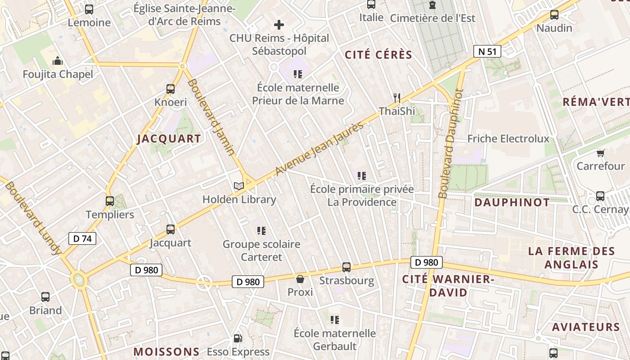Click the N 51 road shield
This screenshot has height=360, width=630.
487,51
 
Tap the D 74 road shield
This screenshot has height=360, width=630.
82,238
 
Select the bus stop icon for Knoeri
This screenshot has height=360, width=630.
171,89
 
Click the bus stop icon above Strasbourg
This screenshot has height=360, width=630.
346,267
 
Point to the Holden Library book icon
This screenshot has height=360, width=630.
238,186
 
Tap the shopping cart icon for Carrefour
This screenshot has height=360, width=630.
600,153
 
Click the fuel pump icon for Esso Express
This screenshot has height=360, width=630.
238,338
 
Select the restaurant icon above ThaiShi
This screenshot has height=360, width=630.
396,97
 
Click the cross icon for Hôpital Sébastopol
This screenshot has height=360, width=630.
279,25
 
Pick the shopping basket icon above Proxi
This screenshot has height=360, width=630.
300,279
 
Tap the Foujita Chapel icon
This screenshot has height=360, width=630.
58,61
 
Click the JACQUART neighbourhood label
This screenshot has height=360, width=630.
169,139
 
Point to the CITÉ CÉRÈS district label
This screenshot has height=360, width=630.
378,55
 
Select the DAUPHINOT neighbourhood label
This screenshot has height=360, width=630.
512,202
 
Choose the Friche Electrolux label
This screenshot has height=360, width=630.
508,139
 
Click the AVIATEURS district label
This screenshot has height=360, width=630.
586,327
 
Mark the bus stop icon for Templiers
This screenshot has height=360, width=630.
110,201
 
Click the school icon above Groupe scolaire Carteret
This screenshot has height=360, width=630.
261,231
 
